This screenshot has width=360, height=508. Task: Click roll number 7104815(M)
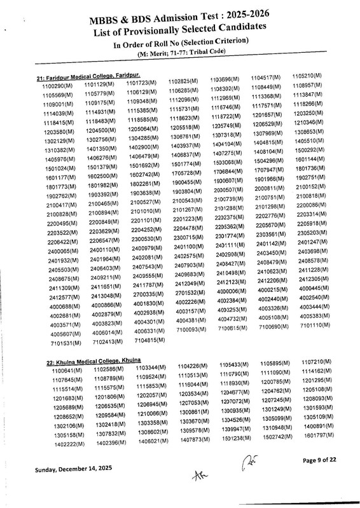(146, 340)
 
